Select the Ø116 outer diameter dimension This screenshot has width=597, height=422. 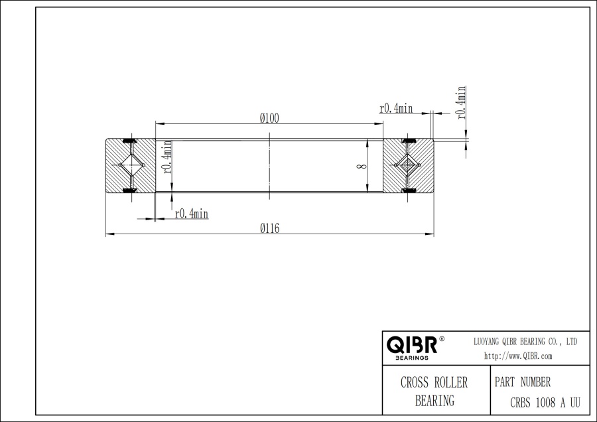(x=269, y=228)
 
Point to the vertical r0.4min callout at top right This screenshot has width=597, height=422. (x=461, y=103)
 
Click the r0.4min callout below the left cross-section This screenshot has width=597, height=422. (x=191, y=213)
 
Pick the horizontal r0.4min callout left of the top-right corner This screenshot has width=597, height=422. (x=396, y=108)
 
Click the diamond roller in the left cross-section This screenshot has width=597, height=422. (x=130, y=165)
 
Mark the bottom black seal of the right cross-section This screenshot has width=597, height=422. (x=408, y=191)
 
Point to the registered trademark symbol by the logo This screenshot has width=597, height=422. (x=442, y=339)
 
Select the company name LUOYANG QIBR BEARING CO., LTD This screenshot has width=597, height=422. (x=525, y=341)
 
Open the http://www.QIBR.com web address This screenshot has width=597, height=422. (x=518, y=356)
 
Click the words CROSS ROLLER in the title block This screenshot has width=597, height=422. (x=434, y=383)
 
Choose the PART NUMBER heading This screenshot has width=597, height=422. (x=523, y=383)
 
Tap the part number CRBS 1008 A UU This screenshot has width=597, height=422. (x=545, y=401)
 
